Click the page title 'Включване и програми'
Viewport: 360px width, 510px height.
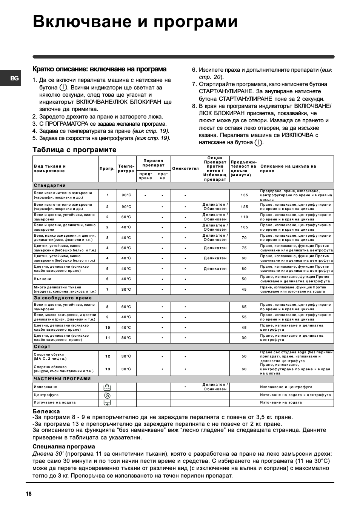click(135, 22)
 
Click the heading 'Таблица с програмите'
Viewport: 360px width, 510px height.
click(74, 150)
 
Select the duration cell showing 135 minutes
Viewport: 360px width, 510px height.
click(245, 195)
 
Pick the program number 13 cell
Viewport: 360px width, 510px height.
click(108, 369)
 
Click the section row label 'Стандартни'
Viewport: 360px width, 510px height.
click(50, 186)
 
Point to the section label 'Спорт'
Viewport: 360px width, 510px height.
click(42, 347)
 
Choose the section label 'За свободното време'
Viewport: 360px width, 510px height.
click(63, 298)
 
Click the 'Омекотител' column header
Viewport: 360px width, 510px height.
click(185, 169)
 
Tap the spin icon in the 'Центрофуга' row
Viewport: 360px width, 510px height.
click(107, 395)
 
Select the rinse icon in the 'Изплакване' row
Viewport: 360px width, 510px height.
click(107, 387)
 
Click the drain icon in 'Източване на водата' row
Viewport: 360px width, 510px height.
click(107, 403)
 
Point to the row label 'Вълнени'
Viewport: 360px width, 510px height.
click(43, 279)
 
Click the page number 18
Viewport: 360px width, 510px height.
click(29, 494)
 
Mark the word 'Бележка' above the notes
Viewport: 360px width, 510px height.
click(46, 411)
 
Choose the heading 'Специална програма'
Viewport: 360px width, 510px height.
click(64, 447)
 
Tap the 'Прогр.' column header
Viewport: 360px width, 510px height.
click(107, 169)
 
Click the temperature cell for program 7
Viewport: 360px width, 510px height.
click(126, 290)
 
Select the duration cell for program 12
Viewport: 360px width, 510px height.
click(244, 356)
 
